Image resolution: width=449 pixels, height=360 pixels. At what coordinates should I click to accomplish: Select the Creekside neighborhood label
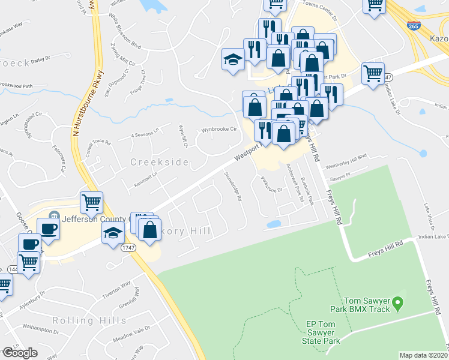click(x=160, y=163)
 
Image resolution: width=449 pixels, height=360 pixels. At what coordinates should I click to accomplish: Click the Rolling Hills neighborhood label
click(x=89, y=320)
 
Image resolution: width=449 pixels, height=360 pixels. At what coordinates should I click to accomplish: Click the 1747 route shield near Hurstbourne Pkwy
click(x=128, y=247)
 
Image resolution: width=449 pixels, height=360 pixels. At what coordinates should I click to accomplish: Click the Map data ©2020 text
click(x=423, y=355)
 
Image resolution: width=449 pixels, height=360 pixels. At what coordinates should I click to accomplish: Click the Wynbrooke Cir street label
click(x=220, y=129)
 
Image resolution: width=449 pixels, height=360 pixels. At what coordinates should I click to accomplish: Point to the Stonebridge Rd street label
click(x=233, y=186)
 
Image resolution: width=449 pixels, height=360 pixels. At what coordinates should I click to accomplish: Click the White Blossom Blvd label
click(x=124, y=38)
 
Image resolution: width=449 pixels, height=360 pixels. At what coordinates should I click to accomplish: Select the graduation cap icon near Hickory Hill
click(x=112, y=235)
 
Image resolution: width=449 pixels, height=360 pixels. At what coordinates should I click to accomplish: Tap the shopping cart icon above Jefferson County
click(x=92, y=203)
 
